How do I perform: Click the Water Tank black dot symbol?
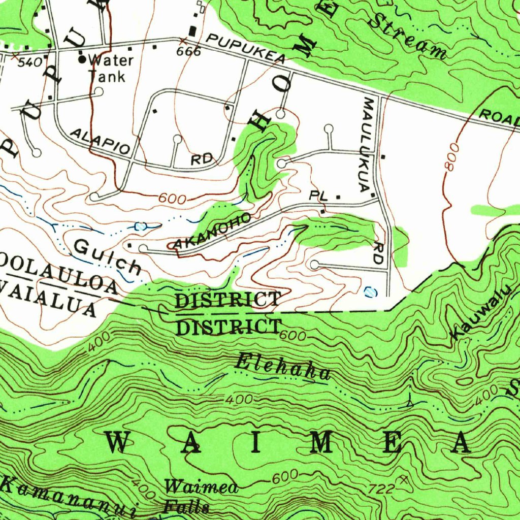click(x=82, y=59)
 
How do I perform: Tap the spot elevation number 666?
click(x=188, y=52)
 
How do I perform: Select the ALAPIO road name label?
click(x=100, y=141)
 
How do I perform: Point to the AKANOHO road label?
click(x=212, y=232)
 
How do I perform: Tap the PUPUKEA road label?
click(x=246, y=49)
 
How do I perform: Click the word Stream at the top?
click(x=406, y=35)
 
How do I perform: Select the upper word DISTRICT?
click(x=227, y=300)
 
